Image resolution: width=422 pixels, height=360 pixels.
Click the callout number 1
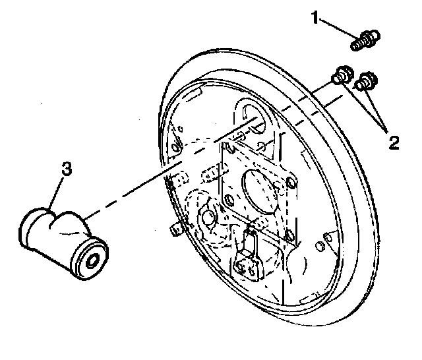point(317,20)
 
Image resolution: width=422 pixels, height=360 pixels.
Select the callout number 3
point(66,169)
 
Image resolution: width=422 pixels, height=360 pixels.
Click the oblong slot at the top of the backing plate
point(251,113)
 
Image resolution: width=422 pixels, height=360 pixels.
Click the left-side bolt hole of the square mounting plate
point(229,198)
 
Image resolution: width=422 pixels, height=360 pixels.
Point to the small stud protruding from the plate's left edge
point(175,229)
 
